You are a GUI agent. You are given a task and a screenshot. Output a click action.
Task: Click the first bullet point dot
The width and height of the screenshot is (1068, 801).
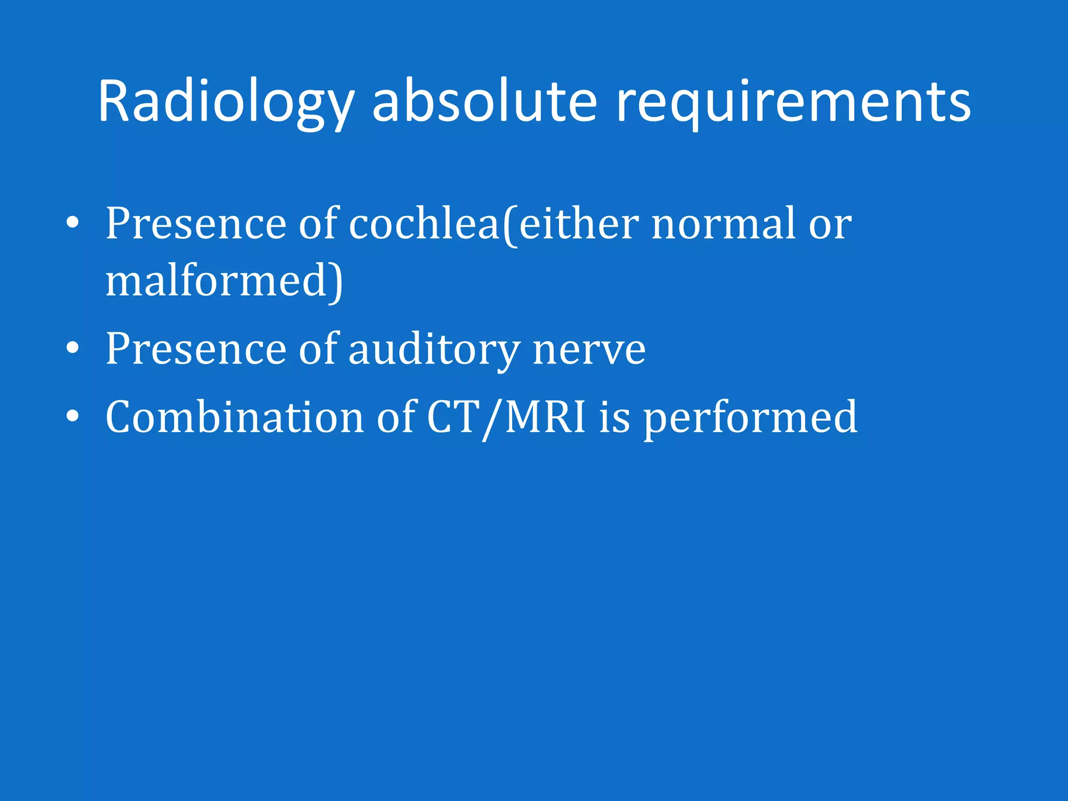point(72,224)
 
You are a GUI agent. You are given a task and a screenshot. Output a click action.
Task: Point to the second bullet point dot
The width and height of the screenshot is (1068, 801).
point(72,348)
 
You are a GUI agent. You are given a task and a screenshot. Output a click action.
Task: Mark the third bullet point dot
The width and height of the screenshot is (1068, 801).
point(72,416)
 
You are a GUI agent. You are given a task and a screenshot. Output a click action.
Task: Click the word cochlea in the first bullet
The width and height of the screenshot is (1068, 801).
point(424,224)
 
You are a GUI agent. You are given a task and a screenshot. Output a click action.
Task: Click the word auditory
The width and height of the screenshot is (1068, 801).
point(434,349)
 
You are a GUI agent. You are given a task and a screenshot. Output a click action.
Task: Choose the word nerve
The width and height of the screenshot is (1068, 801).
point(589,349)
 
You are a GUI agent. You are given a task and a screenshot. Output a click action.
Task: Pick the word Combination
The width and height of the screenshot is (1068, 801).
point(234,417)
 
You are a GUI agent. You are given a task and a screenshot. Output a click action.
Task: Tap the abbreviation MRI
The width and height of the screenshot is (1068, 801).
point(544,417)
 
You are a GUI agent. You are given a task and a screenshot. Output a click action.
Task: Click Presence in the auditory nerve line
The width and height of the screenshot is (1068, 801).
point(196,349)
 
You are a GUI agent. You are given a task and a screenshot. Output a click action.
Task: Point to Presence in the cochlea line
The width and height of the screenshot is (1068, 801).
point(196,224)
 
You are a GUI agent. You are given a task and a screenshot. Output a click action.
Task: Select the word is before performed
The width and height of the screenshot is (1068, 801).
point(614,417)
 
